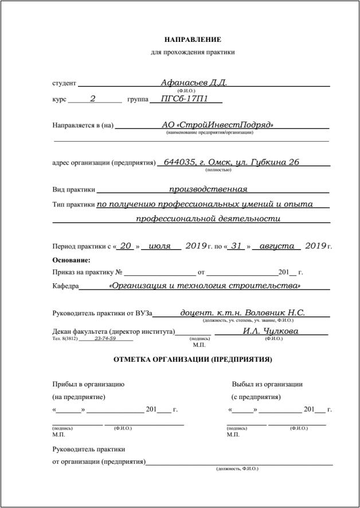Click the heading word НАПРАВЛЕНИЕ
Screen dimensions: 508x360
coord(193,40)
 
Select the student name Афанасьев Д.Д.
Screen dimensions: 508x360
coord(194,83)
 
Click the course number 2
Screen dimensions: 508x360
coord(93,99)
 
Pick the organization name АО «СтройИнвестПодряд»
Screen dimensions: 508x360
coord(217,125)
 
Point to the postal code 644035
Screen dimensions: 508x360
coord(180,162)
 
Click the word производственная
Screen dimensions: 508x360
coord(208,189)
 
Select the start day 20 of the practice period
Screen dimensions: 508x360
coord(126,246)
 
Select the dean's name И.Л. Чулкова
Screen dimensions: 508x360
coord(271,331)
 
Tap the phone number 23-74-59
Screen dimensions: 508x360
coord(105,338)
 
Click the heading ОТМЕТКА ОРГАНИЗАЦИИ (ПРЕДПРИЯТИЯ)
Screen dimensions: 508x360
coord(193,360)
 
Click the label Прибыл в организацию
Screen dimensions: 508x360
coord(88,384)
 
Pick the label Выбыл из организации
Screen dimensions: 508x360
coord(267,384)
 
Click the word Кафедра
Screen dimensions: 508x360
coord(65,286)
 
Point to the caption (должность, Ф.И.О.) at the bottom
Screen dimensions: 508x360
coord(237,469)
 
